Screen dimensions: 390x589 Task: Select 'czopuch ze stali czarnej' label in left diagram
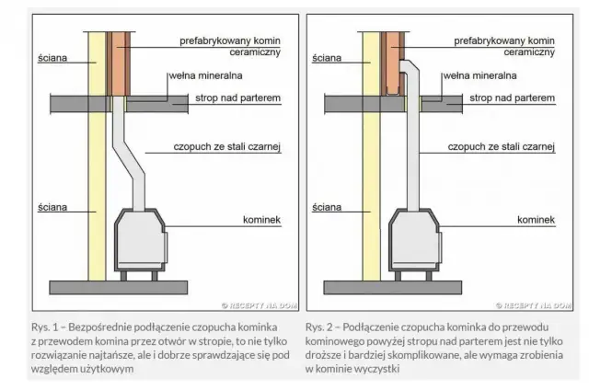click(x=226, y=146)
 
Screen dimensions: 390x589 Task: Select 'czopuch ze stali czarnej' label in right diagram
click(x=502, y=146)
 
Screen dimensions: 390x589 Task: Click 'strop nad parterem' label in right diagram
click(x=513, y=96)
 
